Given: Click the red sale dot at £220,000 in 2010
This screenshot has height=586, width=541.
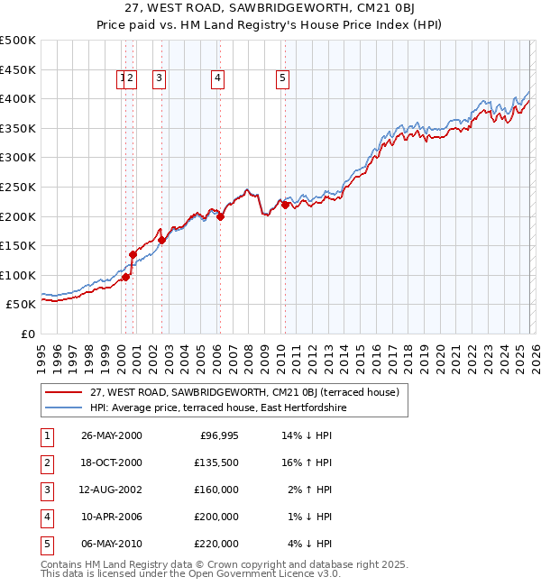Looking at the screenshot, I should [x=285, y=206].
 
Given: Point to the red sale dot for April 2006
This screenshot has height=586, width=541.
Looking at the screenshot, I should [x=221, y=216].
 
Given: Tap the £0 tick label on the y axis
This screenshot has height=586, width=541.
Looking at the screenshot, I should [x=27, y=334].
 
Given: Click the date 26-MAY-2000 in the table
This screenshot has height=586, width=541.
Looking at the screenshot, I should [x=111, y=436].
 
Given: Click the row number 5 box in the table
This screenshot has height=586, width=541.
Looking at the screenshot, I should [x=46, y=544].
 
